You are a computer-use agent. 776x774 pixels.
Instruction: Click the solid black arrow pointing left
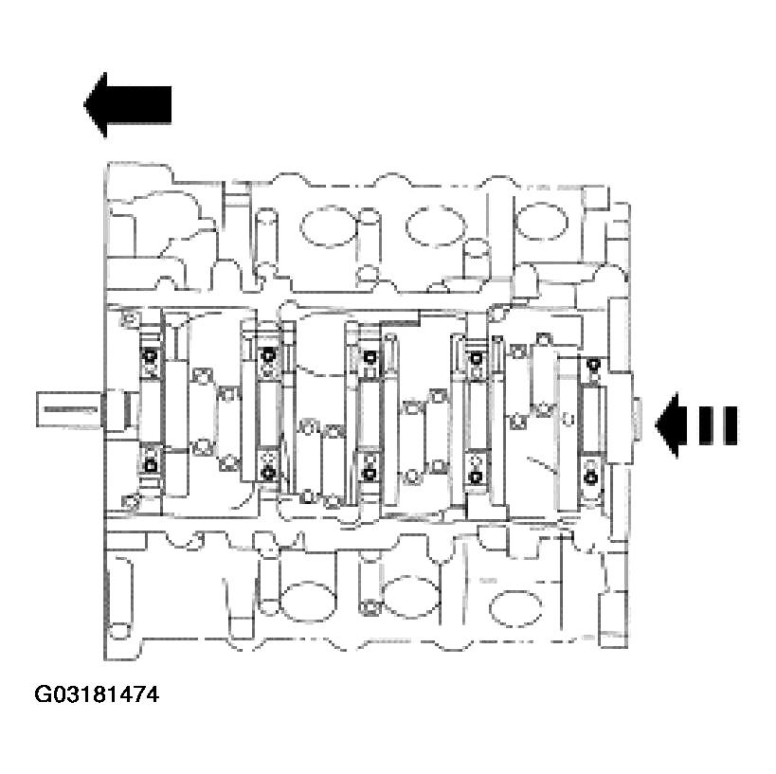127,103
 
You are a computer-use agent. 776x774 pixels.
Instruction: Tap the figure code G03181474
97,695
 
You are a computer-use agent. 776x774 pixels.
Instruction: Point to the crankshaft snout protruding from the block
72,410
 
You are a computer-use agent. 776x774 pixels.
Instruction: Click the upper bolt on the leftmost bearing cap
150,356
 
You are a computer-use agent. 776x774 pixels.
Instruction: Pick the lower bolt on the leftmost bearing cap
150,464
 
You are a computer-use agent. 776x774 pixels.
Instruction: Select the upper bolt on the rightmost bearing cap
593,365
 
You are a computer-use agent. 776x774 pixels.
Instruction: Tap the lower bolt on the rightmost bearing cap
592,477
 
